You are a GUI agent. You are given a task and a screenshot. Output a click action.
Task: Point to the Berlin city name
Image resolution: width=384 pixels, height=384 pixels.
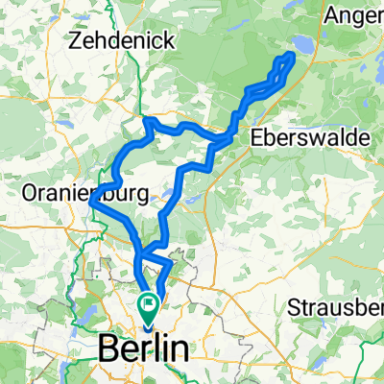pyautogui.click(x=142, y=349)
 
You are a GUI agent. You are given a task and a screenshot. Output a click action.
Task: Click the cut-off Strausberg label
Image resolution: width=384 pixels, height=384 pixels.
pyautogui.click(x=337, y=308)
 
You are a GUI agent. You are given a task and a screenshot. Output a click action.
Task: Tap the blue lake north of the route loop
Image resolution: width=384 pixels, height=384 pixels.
pyautogui.click(x=303, y=44)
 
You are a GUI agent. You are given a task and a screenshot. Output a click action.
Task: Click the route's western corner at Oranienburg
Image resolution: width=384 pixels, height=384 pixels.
pyautogui.click(x=90, y=203)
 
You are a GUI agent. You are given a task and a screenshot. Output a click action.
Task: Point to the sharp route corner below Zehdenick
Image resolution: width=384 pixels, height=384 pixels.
pyautogui.click(x=146, y=120)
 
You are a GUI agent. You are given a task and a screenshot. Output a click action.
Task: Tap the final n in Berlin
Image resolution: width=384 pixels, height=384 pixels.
pyautogui.click(x=179, y=349)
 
